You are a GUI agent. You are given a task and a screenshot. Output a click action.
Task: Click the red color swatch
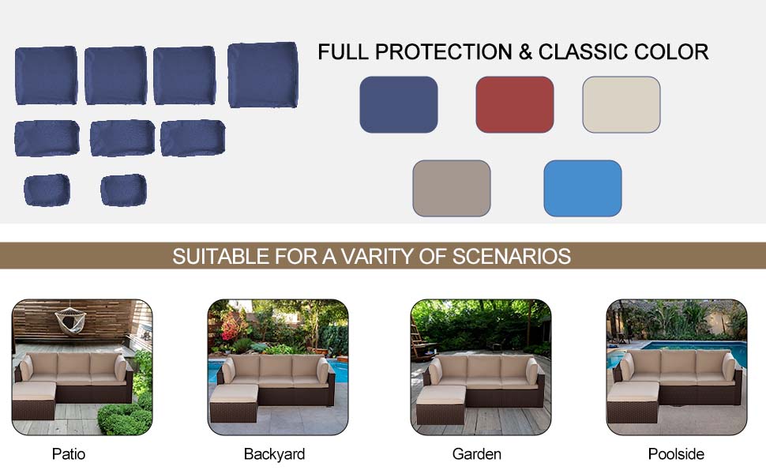tap(514, 104)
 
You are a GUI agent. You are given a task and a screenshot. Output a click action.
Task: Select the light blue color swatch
tap(582, 188)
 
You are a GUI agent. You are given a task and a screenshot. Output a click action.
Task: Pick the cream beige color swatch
tap(621, 104)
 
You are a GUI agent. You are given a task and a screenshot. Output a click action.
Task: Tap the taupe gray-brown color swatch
tap(451, 188)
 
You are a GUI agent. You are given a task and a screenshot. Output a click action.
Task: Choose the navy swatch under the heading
tap(398, 104)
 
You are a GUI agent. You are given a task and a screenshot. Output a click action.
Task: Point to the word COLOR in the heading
tap(670, 52)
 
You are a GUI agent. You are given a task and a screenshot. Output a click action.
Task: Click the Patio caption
tap(69, 454)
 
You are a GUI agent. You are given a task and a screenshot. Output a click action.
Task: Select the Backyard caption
tap(274, 454)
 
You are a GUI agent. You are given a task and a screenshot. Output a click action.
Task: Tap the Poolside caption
tap(676, 454)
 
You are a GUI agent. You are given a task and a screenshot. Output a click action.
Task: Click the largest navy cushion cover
tap(262, 75)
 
